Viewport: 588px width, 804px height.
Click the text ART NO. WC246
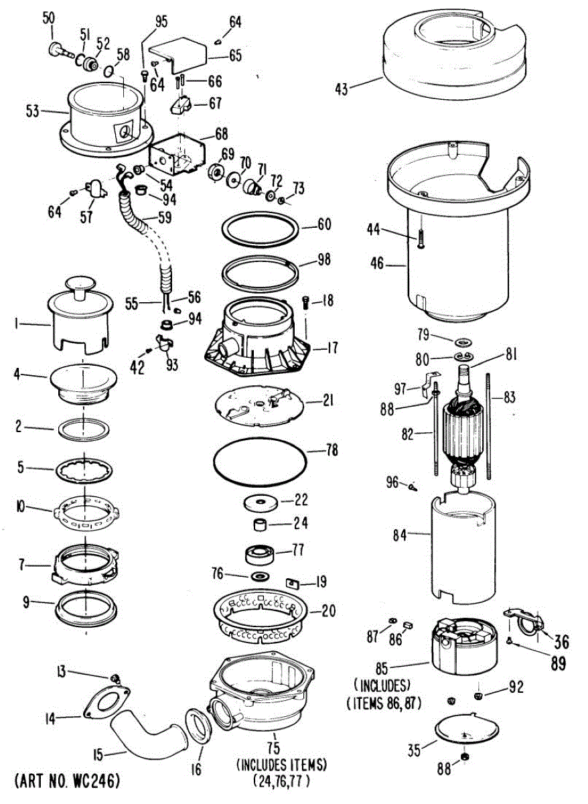coord(66,781)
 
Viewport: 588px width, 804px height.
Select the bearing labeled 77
coord(261,554)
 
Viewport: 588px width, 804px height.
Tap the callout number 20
coord(327,611)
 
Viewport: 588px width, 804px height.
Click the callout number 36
coord(561,641)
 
